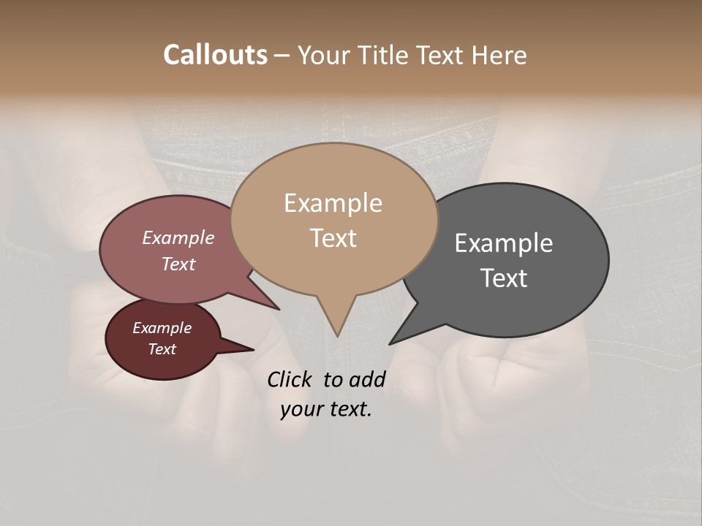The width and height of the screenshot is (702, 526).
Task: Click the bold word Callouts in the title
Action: (x=215, y=55)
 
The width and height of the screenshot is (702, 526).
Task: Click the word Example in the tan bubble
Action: (x=333, y=203)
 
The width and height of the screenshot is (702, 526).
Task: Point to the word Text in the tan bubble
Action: (x=333, y=238)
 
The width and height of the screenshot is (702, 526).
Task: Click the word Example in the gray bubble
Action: (x=504, y=243)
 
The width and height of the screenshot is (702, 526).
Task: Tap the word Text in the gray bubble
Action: (x=504, y=278)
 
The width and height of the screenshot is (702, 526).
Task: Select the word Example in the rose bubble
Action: (x=178, y=237)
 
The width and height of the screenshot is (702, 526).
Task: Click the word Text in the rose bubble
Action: (x=178, y=264)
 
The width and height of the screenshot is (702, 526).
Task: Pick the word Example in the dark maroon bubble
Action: (x=162, y=328)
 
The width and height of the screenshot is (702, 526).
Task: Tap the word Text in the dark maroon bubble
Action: (x=162, y=349)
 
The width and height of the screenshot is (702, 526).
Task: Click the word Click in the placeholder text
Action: (x=290, y=379)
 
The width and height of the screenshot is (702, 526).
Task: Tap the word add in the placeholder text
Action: (x=366, y=379)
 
